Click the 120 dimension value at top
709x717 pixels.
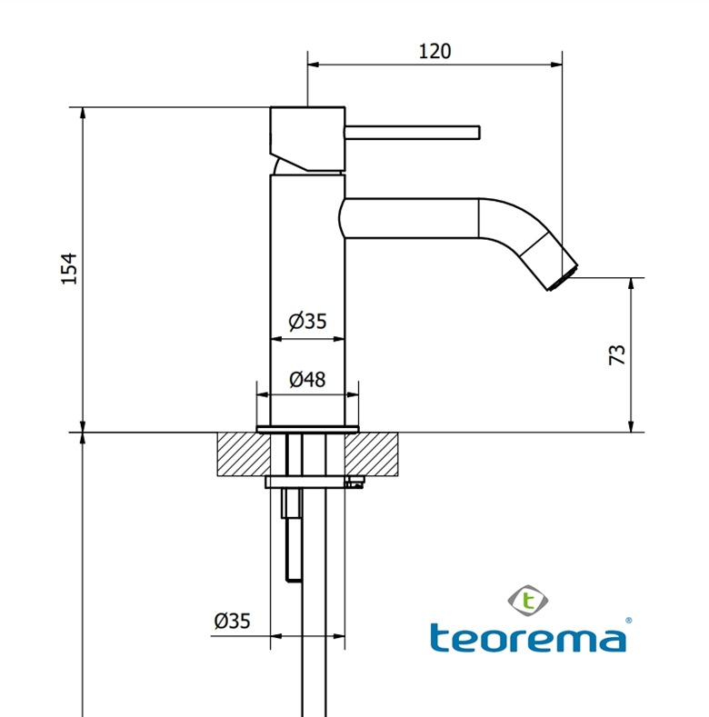(x=434, y=52)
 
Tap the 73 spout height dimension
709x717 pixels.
(x=615, y=354)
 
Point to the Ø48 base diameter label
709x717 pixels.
(x=307, y=380)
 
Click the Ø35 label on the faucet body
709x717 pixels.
(x=307, y=322)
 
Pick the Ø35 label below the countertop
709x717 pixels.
(x=232, y=621)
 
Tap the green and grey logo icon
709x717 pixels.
(x=526, y=599)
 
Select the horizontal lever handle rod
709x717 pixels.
(x=412, y=133)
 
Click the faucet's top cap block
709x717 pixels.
(x=307, y=136)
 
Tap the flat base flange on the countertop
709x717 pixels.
(x=307, y=428)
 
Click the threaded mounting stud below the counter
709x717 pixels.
(x=293, y=536)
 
